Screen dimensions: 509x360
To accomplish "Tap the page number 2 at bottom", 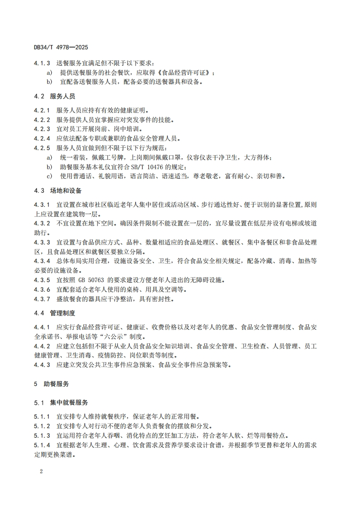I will point(41,471).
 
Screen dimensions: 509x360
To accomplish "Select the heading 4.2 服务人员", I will point(54,97).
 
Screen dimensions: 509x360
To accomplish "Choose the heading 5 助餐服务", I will point(51,384).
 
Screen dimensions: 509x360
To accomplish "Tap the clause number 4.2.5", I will point(42,148).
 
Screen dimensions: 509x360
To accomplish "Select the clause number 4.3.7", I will point(42,299).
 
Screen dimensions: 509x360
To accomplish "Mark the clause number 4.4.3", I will point(42,365).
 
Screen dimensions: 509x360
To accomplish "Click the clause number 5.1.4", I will point(42,445).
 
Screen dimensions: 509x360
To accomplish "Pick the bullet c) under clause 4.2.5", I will point(49,176).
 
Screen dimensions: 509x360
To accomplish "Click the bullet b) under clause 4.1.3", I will point(49,82).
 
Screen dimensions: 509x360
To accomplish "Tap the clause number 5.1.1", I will point(42,416).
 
